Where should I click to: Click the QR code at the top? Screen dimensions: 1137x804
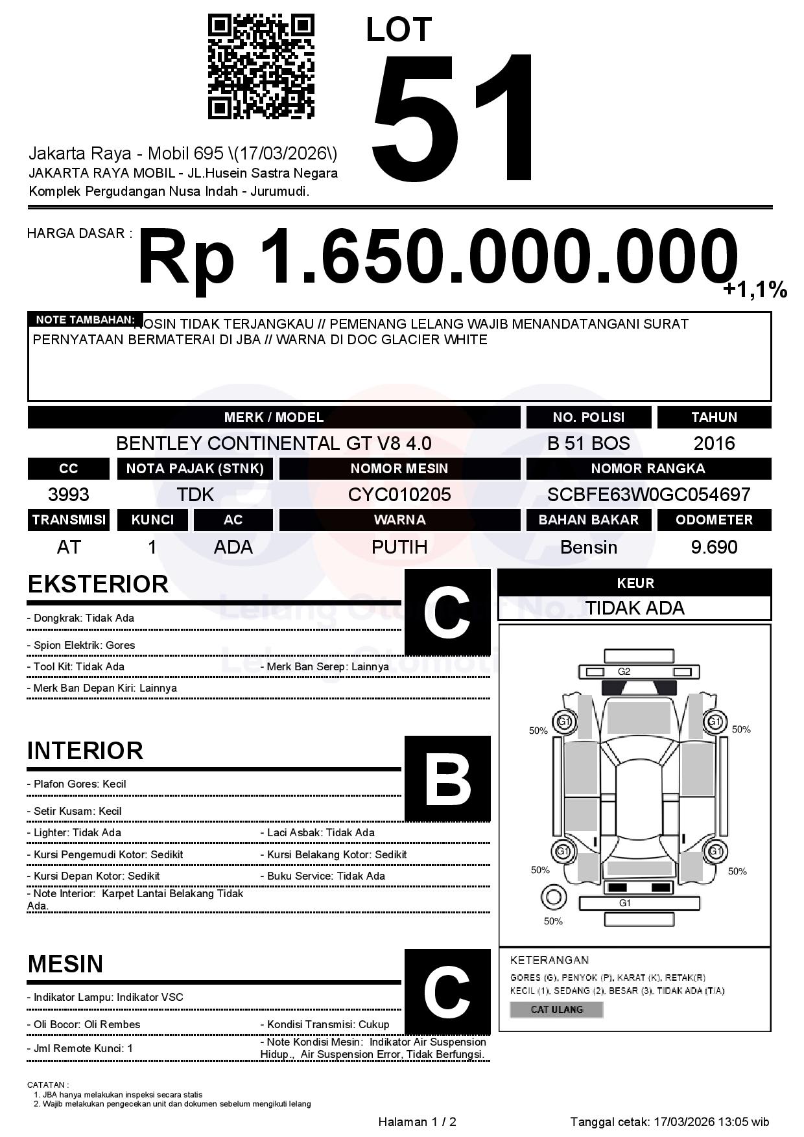pos(261,67)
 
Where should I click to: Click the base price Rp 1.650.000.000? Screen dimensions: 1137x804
pos(438,257)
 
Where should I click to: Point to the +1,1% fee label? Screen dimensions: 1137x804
pos(755,290)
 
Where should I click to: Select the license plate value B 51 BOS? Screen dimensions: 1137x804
pos(588,443)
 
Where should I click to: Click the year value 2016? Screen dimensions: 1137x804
pos(714,443)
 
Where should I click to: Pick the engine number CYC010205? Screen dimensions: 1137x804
pos(399,495)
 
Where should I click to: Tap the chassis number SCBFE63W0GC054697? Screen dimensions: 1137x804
pos(648,495)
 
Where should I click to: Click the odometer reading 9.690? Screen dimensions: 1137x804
pos(714,548)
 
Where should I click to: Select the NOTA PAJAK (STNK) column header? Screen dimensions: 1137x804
pos(195,469)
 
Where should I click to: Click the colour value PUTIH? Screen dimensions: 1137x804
pos(399,548)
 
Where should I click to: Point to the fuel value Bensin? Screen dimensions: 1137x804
pos(588,548)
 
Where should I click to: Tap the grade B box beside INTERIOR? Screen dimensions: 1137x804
pos(447,779)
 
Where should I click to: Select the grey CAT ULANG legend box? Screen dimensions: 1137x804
pos(556,1010)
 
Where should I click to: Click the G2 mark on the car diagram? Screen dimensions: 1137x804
pos(624,672)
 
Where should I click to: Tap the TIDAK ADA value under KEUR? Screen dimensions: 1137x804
pos(635,608)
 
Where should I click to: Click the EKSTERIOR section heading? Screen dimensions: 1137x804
pos(98,584)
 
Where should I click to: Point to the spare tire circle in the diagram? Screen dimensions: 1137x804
pos(553,898)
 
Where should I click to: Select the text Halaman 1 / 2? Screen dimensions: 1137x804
pos(417,1122)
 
